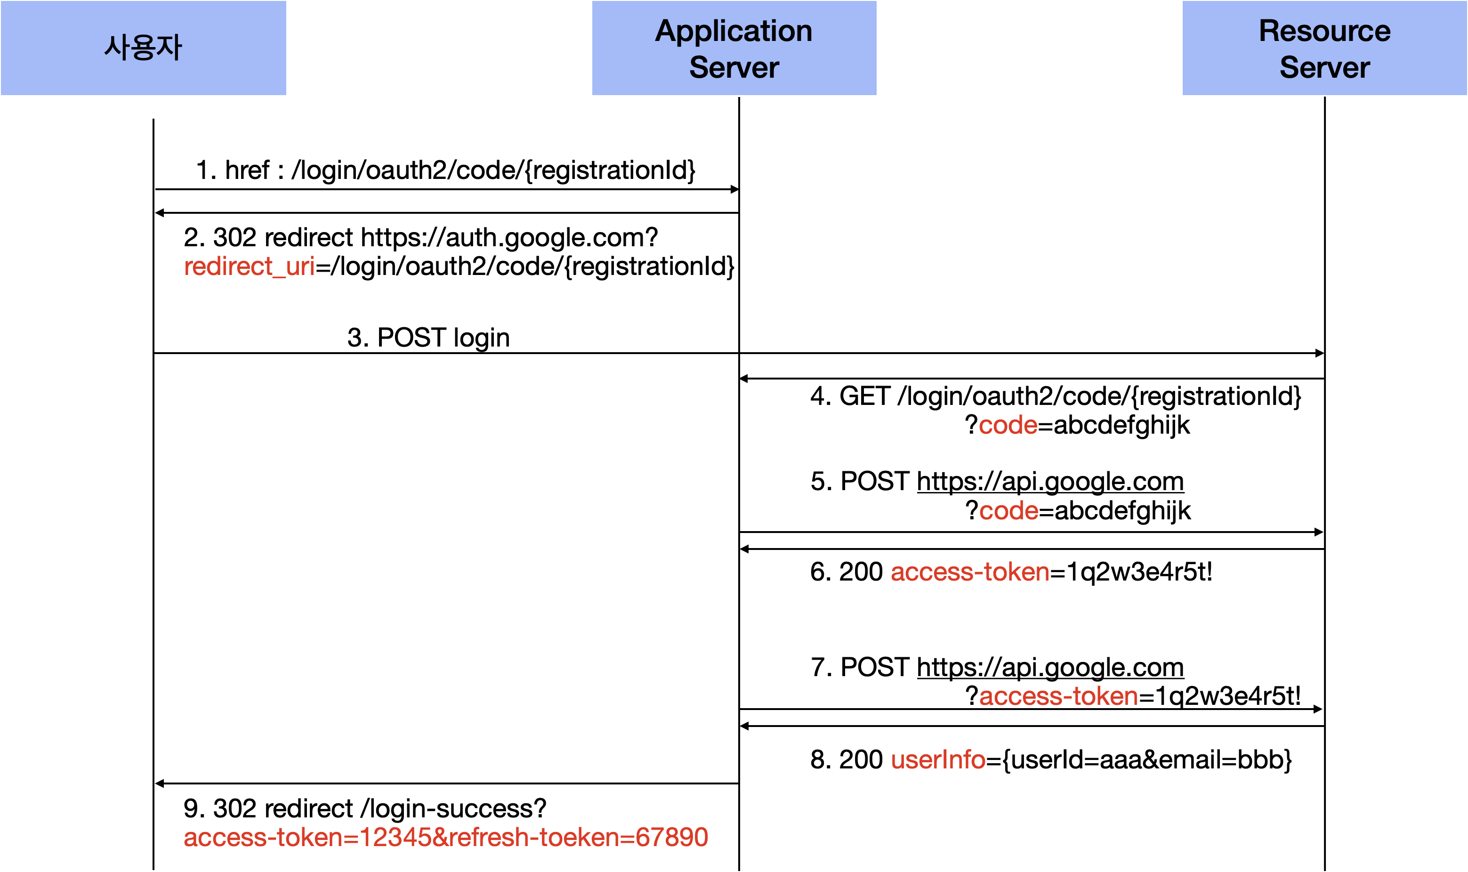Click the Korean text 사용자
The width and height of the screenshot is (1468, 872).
143,48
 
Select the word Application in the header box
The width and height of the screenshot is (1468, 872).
734,31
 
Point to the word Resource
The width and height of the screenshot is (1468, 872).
1325,31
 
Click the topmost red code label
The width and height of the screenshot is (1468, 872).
1008,425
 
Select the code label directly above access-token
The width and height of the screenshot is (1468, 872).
1008,510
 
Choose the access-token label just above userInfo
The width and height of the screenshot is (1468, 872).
1058,696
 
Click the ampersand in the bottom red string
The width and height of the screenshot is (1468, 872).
440,837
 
